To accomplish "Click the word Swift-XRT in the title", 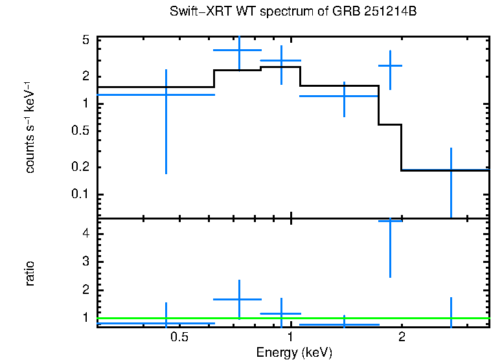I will (193, 12).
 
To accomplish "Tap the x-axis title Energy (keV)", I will (293, 352).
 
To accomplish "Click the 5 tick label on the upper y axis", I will (86, 40).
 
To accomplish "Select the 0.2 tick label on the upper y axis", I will (81, 168).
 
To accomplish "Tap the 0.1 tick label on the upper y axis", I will (81, 195).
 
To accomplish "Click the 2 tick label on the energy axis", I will (402, 338).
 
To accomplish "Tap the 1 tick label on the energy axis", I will (290, 338).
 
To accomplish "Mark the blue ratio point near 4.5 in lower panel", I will (390, 221).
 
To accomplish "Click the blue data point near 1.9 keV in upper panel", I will (390, 66).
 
